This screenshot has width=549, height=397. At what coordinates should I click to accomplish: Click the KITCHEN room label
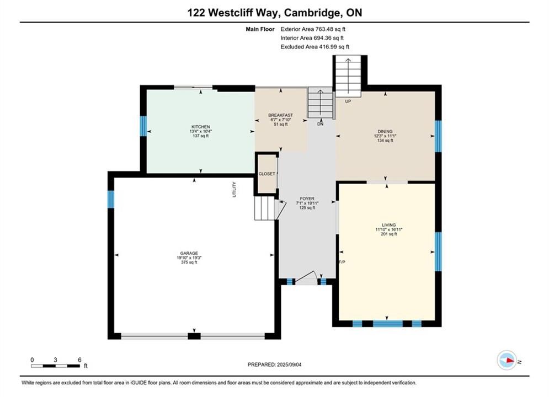click(201, 127)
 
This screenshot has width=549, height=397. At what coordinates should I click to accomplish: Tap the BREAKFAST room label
click(280, 115)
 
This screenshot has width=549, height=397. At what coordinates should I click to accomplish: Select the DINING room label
click(385, 132)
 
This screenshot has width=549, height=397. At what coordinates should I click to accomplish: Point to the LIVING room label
click(388, 225)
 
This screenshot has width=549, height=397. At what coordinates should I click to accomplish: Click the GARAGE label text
click(189, 253)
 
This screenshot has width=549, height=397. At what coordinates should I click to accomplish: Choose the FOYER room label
click(307, 198)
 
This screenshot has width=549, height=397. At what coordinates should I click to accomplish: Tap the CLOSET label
click(267, 174)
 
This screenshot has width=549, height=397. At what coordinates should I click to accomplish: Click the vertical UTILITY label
click(234, 189)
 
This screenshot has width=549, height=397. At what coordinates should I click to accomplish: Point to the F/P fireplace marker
click(342, 262)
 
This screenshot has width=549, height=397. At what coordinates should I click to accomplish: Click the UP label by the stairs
click(348, 101)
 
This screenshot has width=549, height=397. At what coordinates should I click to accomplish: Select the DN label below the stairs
click(321, 124)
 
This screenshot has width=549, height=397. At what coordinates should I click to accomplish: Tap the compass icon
click(507, 360)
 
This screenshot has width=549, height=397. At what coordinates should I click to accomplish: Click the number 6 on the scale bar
click(80, 360)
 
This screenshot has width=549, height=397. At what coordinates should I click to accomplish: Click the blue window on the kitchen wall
click(143, 126)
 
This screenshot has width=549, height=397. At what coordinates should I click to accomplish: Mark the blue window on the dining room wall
click(438, 136)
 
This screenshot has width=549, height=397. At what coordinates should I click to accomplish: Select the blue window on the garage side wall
click(111, 199)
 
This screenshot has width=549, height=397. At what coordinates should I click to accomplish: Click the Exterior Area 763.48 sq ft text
click(313, 29)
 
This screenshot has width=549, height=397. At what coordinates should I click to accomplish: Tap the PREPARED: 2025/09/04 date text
click(275, 364)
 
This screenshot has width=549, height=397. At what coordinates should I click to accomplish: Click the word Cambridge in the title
click(312, 13)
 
